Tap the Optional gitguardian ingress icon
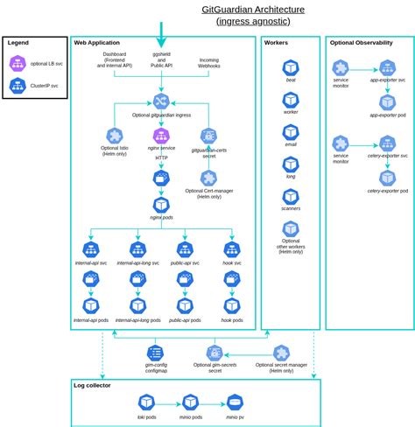click(x=161, y=101)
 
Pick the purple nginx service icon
click(x=161, y=136)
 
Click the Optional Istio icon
click(x=115, y=136)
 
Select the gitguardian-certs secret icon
click(x=208, y=136)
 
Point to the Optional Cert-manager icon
click(x=208, y=178)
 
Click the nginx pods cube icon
click(x=161, y=205)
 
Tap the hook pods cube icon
click(x=232, y=305)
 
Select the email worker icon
click(x=291, y=132)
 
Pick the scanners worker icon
click(x=291, y=196)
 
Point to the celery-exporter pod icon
click(x=387, y=178)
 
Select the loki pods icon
click(x=146, y=402)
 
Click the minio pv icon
click(x=235, y=402)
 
